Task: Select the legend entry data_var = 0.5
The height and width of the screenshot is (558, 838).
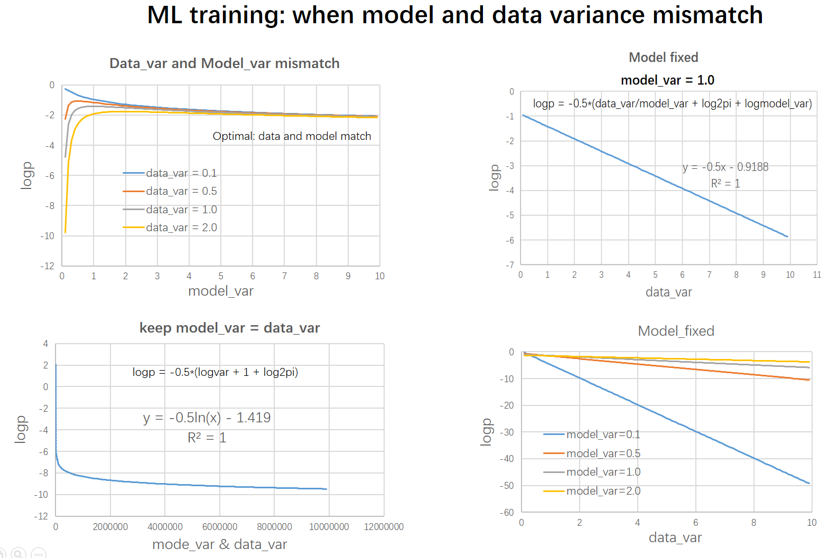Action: pos(170,191)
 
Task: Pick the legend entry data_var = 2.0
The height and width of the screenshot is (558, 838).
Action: pos(170,228)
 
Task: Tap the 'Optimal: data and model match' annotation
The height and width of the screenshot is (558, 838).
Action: pos(292,136)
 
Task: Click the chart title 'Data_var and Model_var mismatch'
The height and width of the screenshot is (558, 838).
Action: pos(225,63)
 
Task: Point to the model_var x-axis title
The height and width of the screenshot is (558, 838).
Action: pos(221,291)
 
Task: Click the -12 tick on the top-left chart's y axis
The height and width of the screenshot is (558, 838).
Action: pos(48,266)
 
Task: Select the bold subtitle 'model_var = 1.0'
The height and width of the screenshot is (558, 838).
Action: pos(668,80)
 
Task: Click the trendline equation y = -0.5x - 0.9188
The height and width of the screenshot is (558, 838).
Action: pos(725,167)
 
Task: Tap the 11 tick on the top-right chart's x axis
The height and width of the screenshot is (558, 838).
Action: pos(817,275)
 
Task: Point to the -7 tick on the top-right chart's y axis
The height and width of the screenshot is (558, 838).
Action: pos(510,265)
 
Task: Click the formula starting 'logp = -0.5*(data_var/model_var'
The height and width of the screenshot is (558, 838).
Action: pos(672,103)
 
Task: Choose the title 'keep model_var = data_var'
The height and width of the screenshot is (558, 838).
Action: pos(230,328)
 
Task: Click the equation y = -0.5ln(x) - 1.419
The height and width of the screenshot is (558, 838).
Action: pos(207,418)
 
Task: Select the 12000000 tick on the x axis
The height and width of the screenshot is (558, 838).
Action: pos(384,527)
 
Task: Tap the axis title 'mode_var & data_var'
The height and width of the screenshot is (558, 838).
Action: pos(220,545)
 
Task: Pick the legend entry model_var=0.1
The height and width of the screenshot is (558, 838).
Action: pos(592,434)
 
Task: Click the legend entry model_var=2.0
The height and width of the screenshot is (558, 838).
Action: pos(592,491)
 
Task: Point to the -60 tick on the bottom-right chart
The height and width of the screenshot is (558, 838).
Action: pos(507,513)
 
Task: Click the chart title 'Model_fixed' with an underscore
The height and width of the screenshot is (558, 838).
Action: pos(676,331)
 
